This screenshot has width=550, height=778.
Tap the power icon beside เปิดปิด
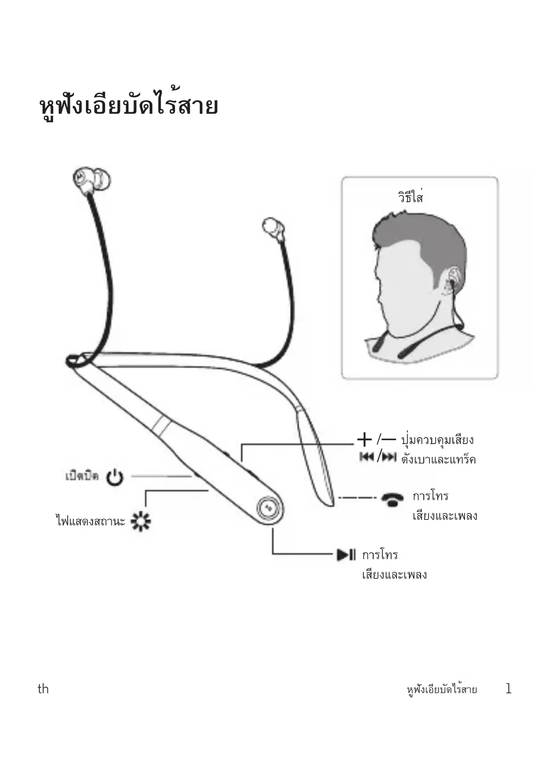coord(115,477)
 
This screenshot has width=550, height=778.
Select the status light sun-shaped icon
coord(141,521)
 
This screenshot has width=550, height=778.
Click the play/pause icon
coord(346,554)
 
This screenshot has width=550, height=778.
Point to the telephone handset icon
coord(392,499)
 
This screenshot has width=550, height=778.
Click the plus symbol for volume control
coord(364,440)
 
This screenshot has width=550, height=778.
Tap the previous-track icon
coord(367,457)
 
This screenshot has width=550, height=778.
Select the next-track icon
coord(389,457)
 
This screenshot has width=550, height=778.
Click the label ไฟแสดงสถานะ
coord(90,521)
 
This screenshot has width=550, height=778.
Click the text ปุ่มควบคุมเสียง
coord(437,440)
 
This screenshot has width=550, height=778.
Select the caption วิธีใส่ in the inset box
coord(410,196)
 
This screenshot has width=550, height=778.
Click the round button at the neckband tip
coord(268,506)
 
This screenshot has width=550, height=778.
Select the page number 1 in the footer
coord(508,689)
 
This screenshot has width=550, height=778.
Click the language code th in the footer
coord(43,689)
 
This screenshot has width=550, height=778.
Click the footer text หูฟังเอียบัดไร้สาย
coord(441,690)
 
